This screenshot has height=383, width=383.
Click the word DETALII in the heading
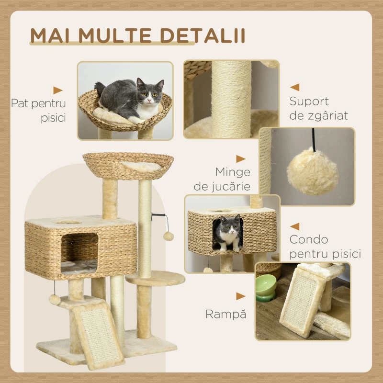[203, 35]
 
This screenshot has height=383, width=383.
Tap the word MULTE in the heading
[114, 35]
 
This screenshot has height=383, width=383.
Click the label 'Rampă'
[225, 314]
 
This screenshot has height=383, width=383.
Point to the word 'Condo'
[308, 239]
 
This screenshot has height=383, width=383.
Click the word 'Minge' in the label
[233, 172]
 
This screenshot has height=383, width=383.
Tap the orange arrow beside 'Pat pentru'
[58, 90]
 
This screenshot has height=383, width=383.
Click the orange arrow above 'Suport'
[294, 87]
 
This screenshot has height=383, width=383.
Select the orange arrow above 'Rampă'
[241, 296]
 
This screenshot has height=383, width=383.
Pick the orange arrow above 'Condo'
[294, 226]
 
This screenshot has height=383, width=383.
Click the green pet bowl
[266, 288]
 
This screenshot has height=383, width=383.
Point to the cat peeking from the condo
[229, 233]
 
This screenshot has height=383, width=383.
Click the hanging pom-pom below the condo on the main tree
[55, 300]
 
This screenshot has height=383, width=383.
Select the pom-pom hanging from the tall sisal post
[169, 236]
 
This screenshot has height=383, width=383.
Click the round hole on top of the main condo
[68, 222]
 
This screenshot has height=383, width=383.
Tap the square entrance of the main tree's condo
[79, 254]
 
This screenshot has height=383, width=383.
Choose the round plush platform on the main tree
[155, 278]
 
